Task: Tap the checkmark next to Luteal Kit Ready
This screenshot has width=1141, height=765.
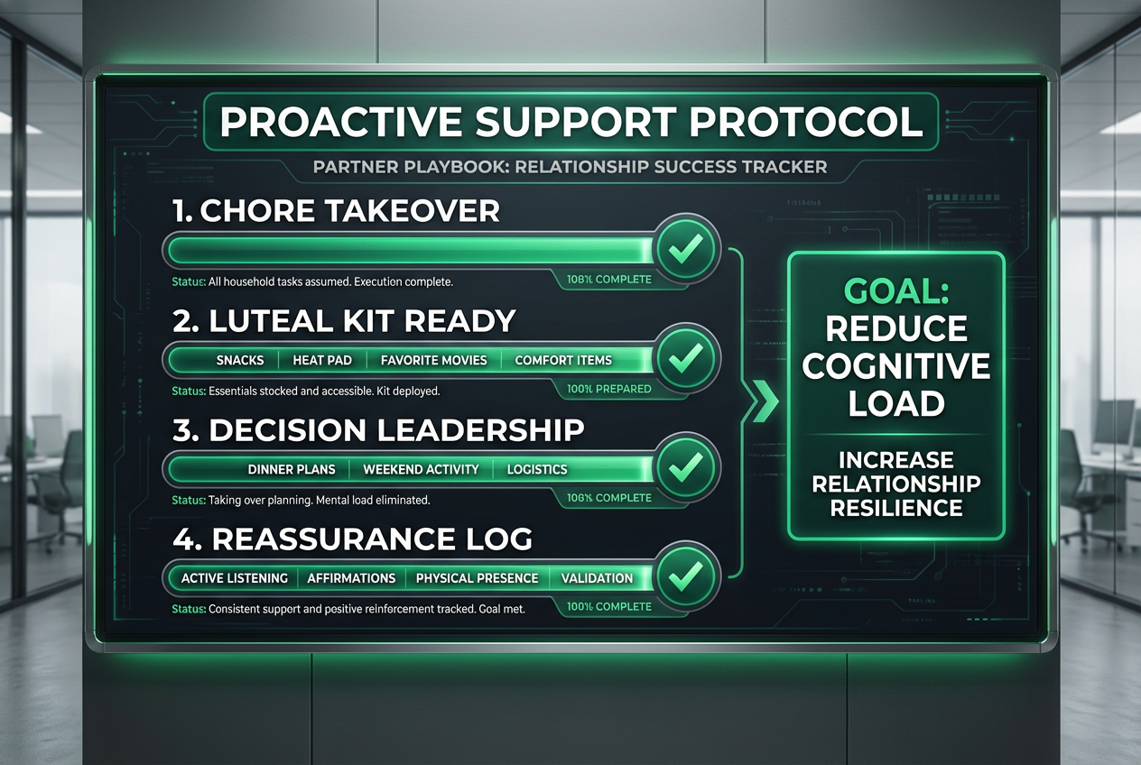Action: (686, 358)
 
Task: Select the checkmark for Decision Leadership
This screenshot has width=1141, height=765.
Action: (686, 467)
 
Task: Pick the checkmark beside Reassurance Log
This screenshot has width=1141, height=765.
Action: (686, 576)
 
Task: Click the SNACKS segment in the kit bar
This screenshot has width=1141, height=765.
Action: (240, 360)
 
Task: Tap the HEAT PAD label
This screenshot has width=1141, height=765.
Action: (322, 360)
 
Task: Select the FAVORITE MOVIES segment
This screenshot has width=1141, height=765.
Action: (433, 360)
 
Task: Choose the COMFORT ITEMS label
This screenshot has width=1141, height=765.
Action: (563, 360)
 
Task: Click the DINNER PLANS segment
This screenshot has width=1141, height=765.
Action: (292, 469)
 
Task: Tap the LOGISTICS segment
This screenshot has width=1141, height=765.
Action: (537, 469)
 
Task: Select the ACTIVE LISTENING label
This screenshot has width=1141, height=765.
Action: (235, 578)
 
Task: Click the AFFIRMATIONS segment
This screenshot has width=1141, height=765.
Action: (351, 578)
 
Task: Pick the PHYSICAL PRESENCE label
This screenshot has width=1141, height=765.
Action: (477, 578)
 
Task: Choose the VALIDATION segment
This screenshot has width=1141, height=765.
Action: (597, 578)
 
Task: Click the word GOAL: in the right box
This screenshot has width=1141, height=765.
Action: (895, 291)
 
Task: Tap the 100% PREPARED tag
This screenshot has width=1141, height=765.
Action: (609, 389)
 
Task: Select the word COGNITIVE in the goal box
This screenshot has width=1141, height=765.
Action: (895, 365)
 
